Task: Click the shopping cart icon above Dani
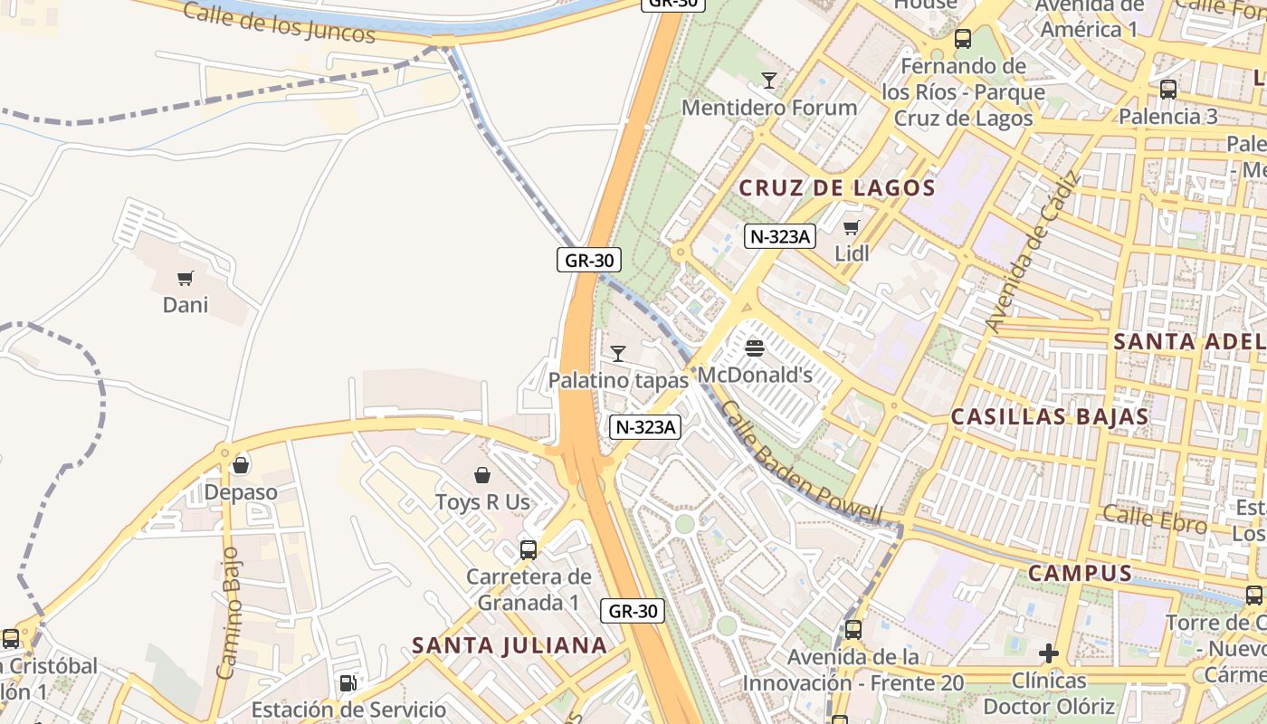186,278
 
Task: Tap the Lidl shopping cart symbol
851,227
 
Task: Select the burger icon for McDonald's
755,348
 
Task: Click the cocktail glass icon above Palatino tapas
618,354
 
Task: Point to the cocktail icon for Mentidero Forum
768,81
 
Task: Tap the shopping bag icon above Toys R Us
482,475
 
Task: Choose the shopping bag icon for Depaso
240,465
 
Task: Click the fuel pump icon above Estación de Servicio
348,682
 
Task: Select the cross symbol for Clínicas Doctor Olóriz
1049,653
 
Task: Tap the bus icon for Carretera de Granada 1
529,549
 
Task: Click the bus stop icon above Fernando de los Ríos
963,39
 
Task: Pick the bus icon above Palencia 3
1168,89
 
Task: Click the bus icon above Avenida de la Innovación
853,629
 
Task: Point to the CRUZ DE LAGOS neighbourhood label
837,188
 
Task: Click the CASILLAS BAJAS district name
1050,417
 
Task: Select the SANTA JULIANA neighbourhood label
510,645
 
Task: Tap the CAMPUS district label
1080,573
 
